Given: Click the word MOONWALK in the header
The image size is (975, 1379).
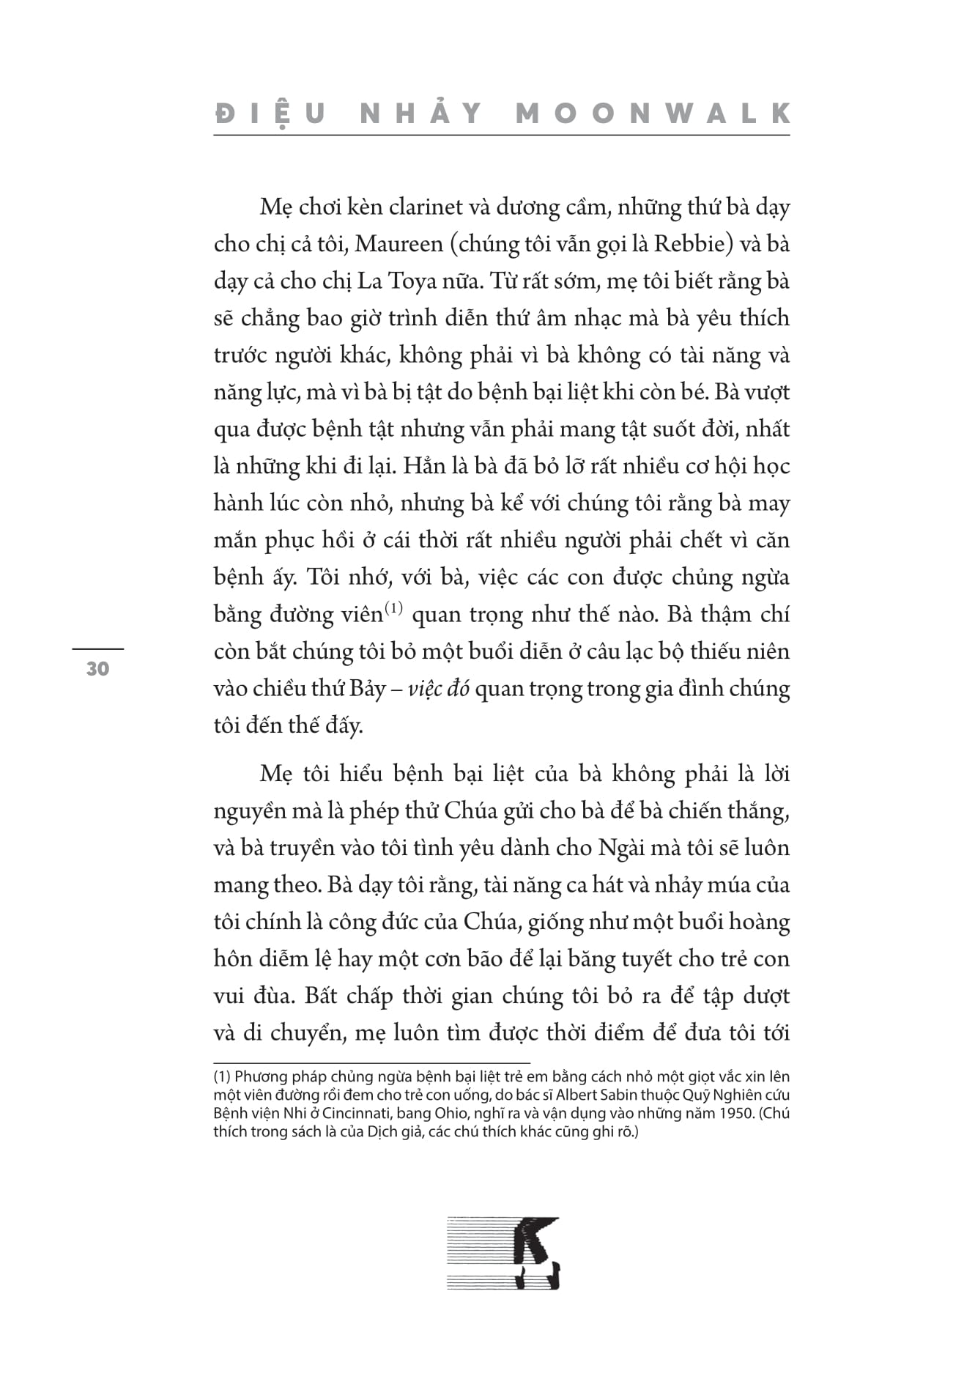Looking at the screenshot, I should click(x=653, y=114).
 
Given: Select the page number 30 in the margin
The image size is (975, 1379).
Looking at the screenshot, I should click(x=97, y=668).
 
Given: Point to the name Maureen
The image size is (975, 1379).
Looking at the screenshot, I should click(x=398, y=244).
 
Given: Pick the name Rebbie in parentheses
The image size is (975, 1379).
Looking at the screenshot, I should click(x=689, y=244).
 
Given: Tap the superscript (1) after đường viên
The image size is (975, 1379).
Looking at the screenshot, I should click(x=394, y=608).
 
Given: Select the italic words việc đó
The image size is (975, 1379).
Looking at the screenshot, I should click(x=438, y=689).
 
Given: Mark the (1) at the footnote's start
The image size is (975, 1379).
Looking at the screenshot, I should click(x=222, y=1076).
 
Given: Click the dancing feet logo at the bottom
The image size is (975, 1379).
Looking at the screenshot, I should click(x=503, y=1252).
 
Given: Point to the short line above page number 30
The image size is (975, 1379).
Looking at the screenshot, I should click(x=97, y=648).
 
